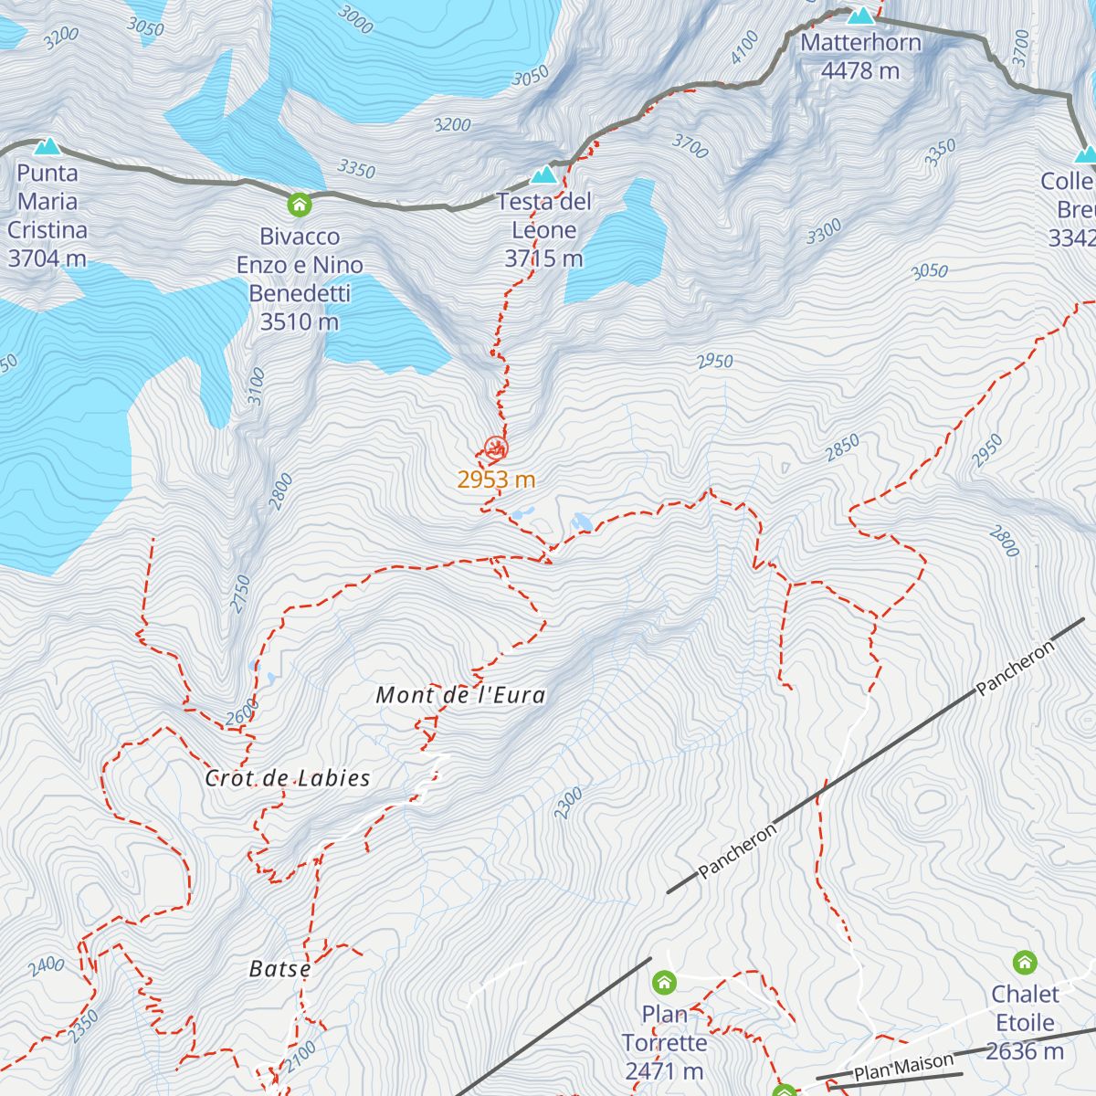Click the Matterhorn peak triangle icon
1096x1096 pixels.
click(860, 16)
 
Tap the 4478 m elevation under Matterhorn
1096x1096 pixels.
click(860, 71)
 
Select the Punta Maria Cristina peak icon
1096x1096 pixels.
click(47, 146)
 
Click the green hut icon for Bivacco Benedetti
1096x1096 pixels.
click(300, 205)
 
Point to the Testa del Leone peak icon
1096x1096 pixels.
click(544, 174)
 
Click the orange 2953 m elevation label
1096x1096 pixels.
click(496, 479)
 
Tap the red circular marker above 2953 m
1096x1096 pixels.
click(496, 448)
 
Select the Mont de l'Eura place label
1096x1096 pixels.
click(460, 695)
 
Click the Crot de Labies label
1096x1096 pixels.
click(288, 778)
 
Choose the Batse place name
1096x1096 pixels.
click(279, 969)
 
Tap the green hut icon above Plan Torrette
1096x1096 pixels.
click(664, 983)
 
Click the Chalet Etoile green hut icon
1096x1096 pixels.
click(1025, 962)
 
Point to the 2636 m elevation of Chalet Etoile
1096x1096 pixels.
click(1025, 1051)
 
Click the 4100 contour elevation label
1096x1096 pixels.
click(744, 47)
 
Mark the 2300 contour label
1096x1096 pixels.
click(567, 804)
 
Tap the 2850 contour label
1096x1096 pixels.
click(842, 448)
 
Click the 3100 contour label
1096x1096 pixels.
click(257, 385)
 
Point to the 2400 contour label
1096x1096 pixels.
click(46, 965)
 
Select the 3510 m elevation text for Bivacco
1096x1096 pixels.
click(300, 321)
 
